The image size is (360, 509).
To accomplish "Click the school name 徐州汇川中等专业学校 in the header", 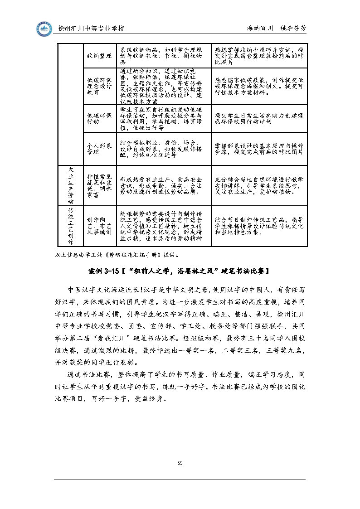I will pos(92,29).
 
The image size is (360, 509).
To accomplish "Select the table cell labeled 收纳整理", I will pos(99,55).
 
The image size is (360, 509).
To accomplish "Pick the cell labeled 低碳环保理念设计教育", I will pos(99,86).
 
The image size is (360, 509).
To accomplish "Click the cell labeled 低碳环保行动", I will pos(99,118).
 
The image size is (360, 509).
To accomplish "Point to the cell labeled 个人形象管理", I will pos(99,149).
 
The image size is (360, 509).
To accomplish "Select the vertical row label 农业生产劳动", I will pos(70,185).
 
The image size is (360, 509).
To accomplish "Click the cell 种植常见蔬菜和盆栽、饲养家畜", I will pos(99,185).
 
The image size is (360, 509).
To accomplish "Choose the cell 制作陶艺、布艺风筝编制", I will pos(99,226).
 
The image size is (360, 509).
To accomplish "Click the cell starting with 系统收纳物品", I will pos(161,55).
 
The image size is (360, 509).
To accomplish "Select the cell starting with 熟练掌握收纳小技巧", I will pos(259,55).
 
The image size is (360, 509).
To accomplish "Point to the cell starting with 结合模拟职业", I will pos(161,149).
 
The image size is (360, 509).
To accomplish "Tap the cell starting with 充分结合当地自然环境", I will pos(259,185).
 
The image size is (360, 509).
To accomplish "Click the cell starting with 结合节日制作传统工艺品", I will pos(259,226).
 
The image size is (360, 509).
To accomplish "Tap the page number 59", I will pos(180,462).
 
